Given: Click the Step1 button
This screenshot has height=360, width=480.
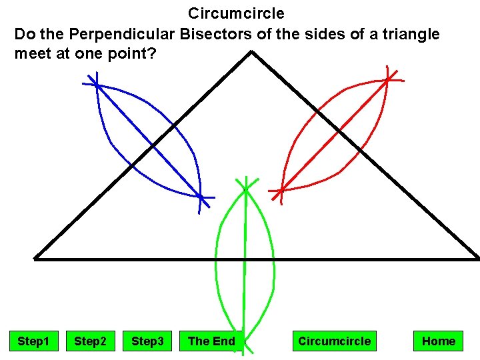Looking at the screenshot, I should coord(33,341).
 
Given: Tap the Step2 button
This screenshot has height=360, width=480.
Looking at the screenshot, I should coord(90,341).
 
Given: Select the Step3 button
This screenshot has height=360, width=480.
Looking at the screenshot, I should coord(147,341).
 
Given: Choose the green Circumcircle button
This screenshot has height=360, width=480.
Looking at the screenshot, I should coord(334,341).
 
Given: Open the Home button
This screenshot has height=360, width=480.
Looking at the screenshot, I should coord(438,341).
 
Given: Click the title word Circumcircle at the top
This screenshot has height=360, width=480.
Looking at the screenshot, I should coord(236,13).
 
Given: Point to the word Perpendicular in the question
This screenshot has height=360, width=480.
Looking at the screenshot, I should coord(133,33).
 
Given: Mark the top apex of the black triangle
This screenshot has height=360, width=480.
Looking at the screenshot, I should coord(251,52).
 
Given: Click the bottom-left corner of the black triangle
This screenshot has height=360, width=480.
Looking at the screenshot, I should coord(35,258).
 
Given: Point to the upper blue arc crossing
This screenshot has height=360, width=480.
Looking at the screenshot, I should coord(97,85).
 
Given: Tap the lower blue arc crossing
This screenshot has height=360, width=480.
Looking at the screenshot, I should coord(201,197).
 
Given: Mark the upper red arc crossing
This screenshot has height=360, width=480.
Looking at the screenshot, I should coord(388,80).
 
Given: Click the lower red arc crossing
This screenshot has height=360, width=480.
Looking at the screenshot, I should coord(281,191).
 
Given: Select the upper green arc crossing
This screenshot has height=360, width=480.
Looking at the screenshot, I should coord(246,189).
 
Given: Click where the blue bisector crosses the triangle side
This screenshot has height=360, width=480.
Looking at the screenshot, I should coord(153,145).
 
